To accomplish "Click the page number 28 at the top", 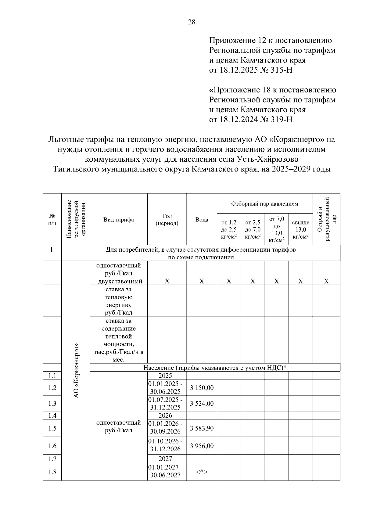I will [x=192, y=22].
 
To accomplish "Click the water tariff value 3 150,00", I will [x=202, y=388].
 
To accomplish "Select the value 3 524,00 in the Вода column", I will [x=202, y=404].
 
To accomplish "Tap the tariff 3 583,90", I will [x=202, y=428].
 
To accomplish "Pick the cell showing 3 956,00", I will [x=202, y=446].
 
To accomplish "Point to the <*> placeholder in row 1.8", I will [x=202, y=472].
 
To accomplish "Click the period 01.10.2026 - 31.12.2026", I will [x=167, y=445].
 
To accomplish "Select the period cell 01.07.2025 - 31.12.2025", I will [x=167, y=403].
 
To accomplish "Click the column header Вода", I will [x=202, y=220].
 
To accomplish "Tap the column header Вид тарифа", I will [x=118, y=220].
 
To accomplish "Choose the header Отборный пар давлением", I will [x=264, y=204].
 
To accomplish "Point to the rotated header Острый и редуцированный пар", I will [x=326, y=219].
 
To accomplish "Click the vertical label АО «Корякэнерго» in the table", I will [x=76, y=370].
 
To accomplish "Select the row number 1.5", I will [x=52, y=428].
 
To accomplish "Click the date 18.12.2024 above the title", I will [x=238, y=119].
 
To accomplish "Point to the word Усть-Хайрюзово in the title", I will [x=269, y=159].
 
